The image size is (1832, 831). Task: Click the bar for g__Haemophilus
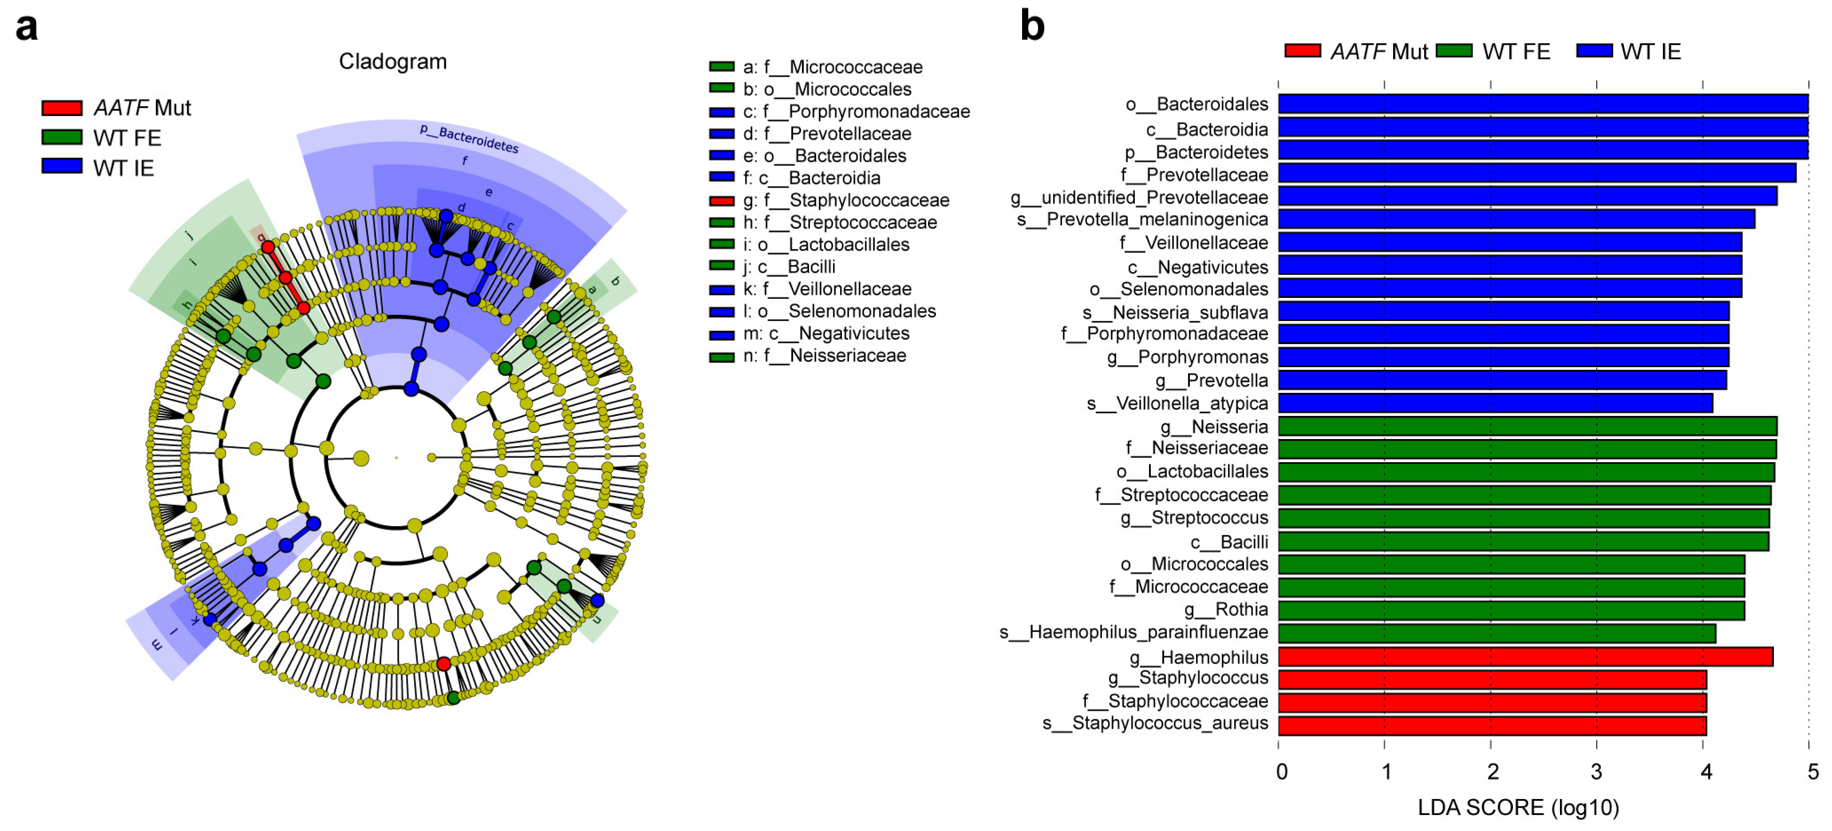click(x=1525, y=657)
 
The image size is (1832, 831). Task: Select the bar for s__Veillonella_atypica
click(x=1495, y=404)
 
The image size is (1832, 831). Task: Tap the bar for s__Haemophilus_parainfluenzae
click(x=1496, y=633)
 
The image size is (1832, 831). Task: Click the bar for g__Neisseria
click(x=1527, y=426)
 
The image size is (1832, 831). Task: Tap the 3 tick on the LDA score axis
click(x=1597, y=771)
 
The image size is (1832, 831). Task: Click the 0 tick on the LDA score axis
click(x=1281, y=771)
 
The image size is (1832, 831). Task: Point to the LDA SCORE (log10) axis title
click(x=1518, y=807)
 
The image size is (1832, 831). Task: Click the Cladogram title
click(x=393, y=62)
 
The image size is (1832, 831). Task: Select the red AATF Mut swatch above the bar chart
click(x=1302, y=51)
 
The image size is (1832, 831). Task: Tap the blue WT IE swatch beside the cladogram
click(x=62, y=166)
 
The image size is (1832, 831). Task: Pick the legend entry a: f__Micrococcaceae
click(x=832, y=67)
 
